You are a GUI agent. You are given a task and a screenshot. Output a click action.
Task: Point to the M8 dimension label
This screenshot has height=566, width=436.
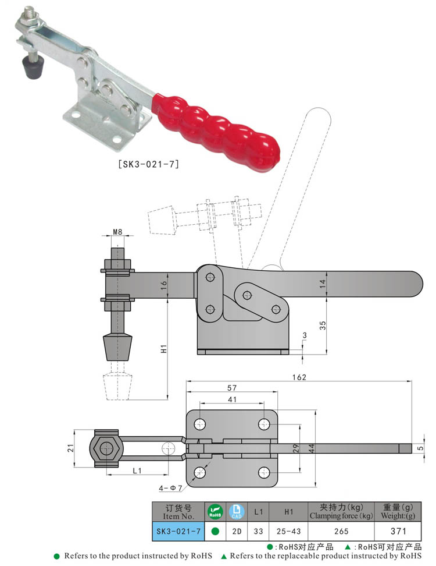[x=117, y=232]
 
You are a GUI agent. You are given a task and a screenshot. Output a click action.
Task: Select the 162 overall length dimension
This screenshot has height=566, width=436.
[x=298, y=377]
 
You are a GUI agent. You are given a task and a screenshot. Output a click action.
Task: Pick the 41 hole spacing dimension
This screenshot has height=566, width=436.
[x=231, y=399]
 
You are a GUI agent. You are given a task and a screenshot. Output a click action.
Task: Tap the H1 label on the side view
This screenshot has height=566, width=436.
[x=165, y=349]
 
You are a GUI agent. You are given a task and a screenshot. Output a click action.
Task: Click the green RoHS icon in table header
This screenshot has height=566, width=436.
[x=215, y=512]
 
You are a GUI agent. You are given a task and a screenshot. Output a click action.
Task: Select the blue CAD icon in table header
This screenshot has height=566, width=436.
[x=236, y=512]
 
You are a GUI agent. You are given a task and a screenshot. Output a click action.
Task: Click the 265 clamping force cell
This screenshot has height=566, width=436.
[x=341, y=531]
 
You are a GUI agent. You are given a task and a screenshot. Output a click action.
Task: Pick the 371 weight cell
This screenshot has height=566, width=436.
[x=398, y=531]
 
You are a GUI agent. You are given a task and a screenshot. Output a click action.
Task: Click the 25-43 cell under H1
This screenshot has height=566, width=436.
[x=288, y=531]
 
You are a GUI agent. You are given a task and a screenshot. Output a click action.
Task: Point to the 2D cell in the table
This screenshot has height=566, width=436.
[x=236, y=531]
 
